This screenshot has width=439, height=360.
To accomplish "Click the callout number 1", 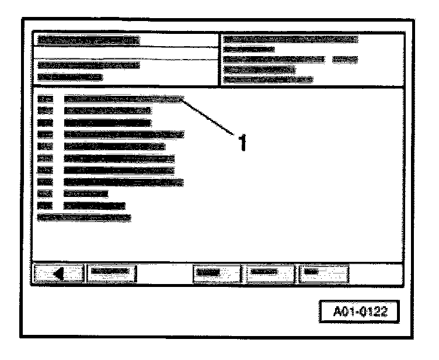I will pos(238,142).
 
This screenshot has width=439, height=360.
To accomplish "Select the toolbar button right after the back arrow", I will pos(111,272).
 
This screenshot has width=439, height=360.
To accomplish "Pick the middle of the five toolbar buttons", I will pos(216,272).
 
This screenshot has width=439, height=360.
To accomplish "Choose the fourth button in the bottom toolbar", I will pos(270,272).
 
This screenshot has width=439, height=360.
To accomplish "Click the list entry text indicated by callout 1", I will pos(123,99).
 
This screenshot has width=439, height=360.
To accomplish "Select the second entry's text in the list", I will pos(108,110).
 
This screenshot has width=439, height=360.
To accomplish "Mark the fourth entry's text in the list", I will pos(124,134).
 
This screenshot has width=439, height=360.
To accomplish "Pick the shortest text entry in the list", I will pos(86,193).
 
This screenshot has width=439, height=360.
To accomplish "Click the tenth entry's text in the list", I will pos(95,205).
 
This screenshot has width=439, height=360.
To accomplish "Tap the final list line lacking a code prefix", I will pos(85,217).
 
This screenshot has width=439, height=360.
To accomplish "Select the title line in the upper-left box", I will pos(88,40).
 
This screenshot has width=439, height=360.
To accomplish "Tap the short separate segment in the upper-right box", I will pos(344,59).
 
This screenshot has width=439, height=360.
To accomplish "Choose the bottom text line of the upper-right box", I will pos(269,79).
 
